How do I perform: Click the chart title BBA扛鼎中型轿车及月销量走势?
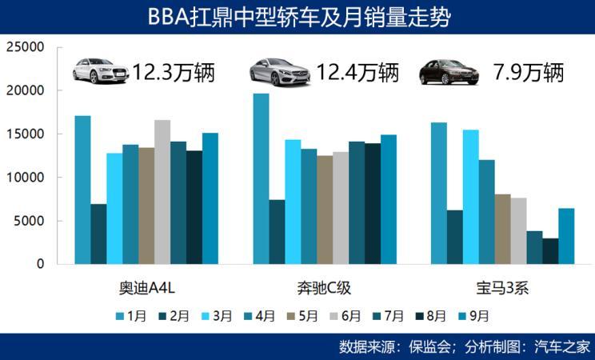pos(297,17)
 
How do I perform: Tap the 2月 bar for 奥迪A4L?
pos(98,234)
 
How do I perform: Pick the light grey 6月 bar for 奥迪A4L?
pos(162,192)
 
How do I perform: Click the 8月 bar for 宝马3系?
pos(550,250)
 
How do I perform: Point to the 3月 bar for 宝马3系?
pos(470,197)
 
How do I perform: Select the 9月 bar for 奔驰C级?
pos(389,199)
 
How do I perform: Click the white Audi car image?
pos(99,71)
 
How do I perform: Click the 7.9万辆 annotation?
pos(529,72)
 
